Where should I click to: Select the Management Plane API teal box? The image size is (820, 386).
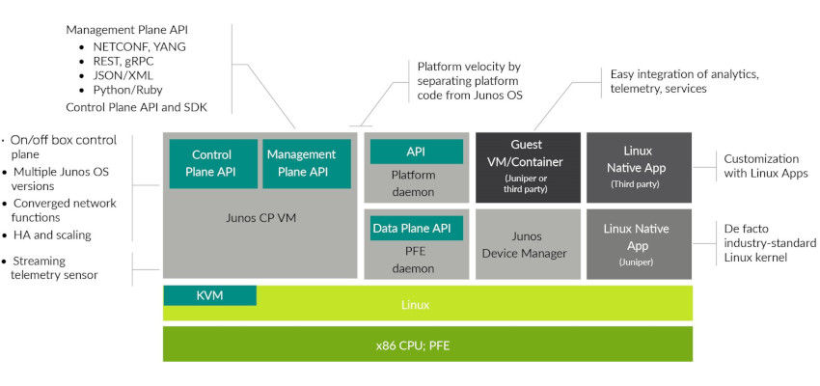coord(301,163)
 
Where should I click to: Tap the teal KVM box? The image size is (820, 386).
coord(209,295)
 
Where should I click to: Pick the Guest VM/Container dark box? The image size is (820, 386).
coord(528,166)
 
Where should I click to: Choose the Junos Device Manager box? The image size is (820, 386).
coord(528,244)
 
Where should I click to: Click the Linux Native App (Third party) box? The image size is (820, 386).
coord(639,166)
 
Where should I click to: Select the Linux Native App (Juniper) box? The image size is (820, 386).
coord(639,243)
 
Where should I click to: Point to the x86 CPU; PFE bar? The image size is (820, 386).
coord(427,345)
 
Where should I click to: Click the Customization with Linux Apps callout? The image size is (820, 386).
coord(761,165)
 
